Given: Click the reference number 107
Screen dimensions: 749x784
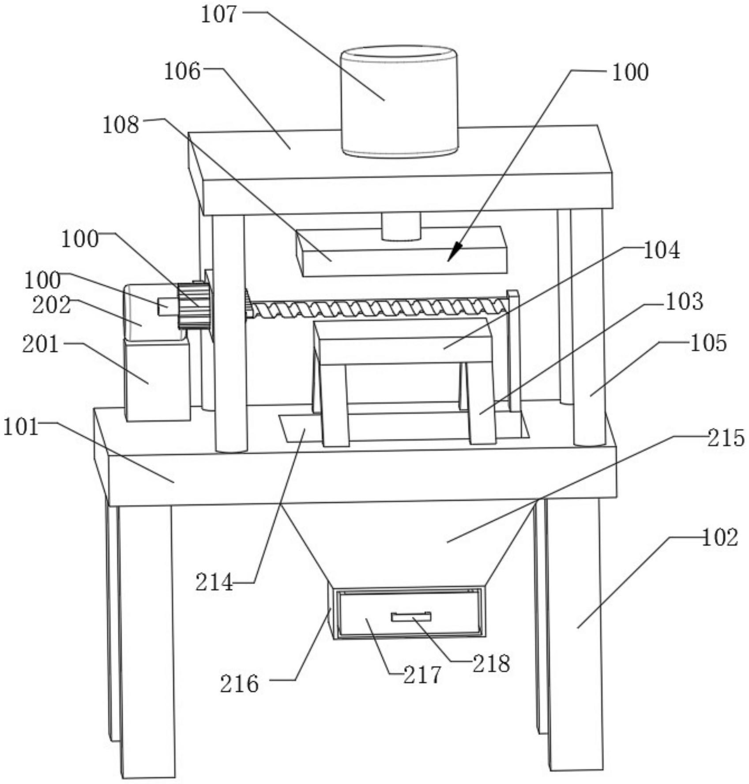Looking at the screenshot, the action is click(219, 14).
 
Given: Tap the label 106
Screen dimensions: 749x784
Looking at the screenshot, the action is click(182, 71).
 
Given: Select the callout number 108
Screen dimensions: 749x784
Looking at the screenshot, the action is click(121, 125).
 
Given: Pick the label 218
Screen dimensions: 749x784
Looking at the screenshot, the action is click(491, 663).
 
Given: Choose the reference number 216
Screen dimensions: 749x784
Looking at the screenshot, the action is click(239, 684).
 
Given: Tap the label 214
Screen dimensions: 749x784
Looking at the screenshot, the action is click(215, 582).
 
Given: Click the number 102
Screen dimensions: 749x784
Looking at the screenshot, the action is click(720, 538).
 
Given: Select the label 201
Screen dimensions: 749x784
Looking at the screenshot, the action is click(41, 344).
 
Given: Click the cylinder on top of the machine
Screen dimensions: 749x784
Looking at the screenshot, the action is click(399, 101).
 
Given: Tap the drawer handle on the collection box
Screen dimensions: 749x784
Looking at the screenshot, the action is click(411, 616).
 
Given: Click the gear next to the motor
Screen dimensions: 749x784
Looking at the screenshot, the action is click(194, 306).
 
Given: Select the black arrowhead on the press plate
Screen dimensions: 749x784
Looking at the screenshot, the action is click(455, 252).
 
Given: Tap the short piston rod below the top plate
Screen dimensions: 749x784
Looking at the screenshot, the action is click(401, 227).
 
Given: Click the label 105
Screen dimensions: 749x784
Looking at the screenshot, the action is click(708, 343).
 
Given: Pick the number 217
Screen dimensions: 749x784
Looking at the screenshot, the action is click(422, 675).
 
